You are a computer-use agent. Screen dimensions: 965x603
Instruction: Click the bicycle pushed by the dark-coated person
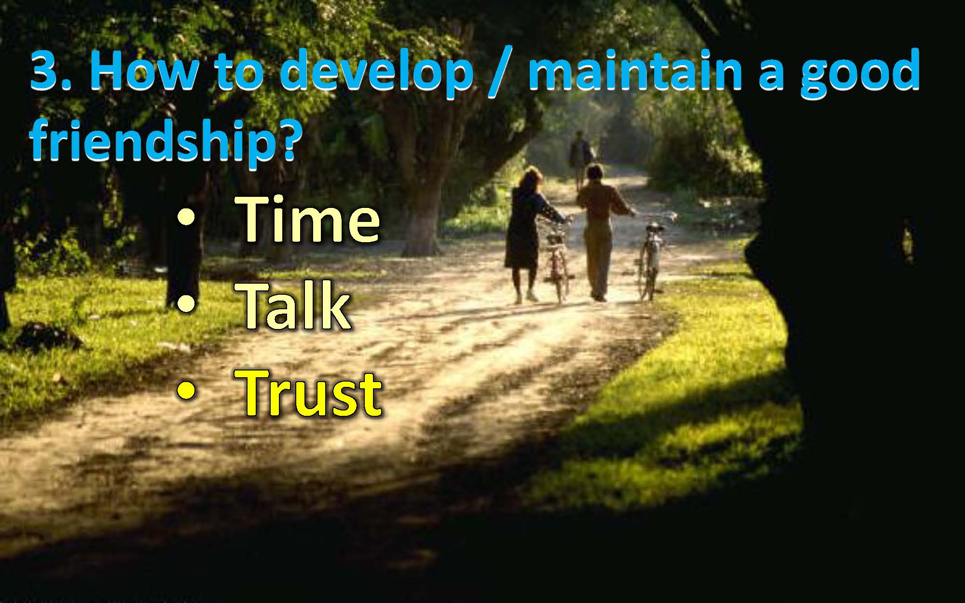tap(559, 260)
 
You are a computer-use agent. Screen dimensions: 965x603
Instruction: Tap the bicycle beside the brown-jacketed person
tap(649, 260)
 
